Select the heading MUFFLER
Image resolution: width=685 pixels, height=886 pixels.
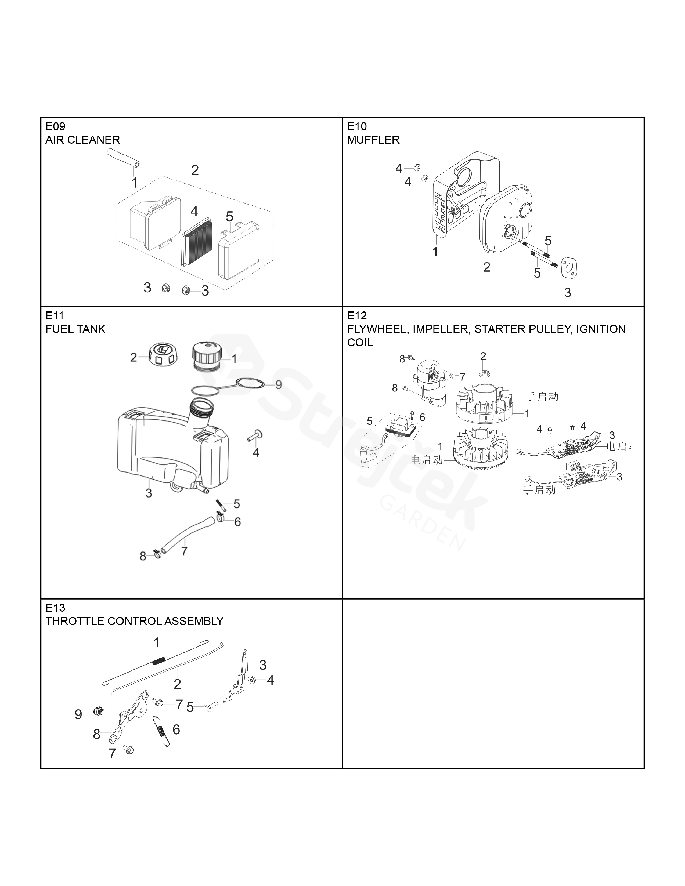(373, 140)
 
